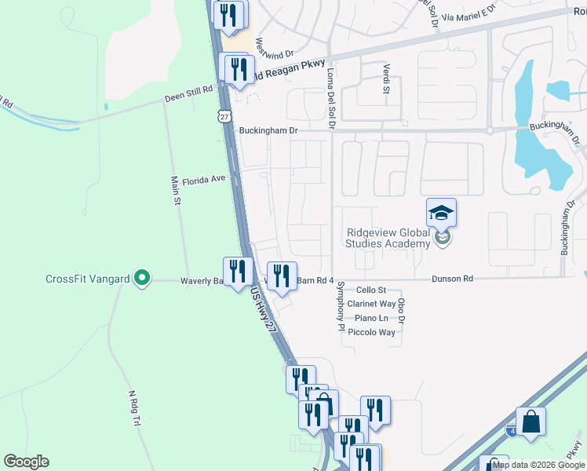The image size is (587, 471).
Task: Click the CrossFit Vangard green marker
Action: [141, 278]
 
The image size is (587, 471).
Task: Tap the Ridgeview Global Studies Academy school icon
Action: [441, 213]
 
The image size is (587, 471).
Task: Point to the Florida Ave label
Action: [204, 180]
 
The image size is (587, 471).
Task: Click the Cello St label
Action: [371, 290]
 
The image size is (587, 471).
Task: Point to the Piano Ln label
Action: [371, 318]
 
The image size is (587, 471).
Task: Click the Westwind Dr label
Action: [275, 49]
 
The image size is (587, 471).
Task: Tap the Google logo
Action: [26, 462]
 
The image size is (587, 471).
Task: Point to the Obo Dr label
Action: [401, 311]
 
